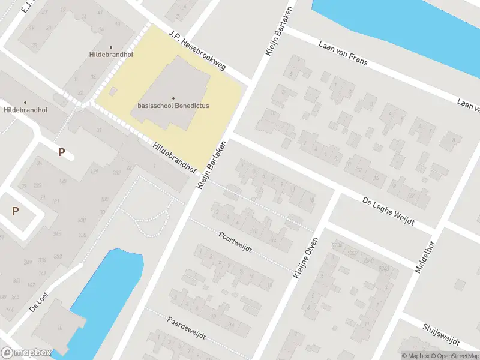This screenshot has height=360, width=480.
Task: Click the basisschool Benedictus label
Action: coord(174,105)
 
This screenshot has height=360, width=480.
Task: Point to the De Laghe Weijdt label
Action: coord(389,211)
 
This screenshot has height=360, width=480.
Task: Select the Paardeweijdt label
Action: coord(186,328)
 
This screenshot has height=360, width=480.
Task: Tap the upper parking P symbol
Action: coord(61,152)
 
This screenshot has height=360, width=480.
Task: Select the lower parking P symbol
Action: coord(16,211)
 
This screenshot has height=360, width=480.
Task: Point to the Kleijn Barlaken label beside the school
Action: coord(212,166)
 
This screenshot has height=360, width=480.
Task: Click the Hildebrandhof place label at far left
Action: coord(25,110)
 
